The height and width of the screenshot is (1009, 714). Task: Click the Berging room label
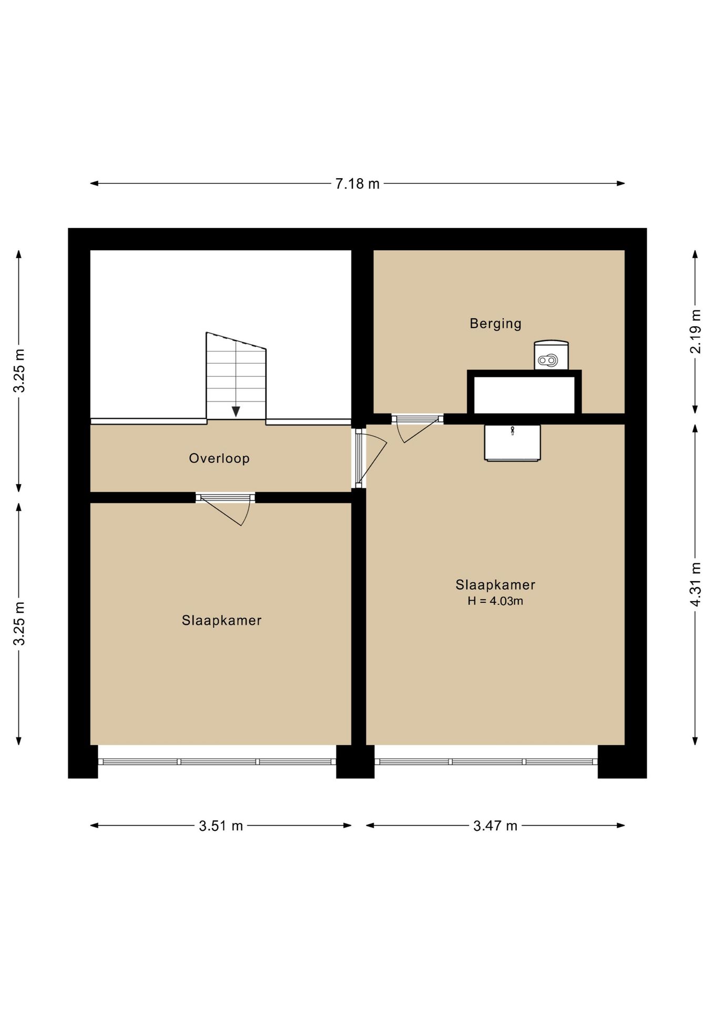[x=495, y=323]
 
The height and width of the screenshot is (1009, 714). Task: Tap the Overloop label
[x=219, y=458]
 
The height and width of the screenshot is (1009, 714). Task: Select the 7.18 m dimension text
[x=358, y=183]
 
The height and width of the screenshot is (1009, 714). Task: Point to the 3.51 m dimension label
[x=221, y=826]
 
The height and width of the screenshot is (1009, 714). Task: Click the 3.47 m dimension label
[x=495, y=826]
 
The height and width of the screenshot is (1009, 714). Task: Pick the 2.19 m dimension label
[x=696, y=332]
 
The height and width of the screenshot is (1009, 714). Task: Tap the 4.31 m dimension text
[x=696, y=584]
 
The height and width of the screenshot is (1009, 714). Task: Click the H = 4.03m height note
[x=495, y=601]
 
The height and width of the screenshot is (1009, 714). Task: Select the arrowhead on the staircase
[x=236, y=411]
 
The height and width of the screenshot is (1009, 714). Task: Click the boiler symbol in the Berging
[x=551, y=355]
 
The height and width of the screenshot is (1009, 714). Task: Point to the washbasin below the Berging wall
[x=512, y=442]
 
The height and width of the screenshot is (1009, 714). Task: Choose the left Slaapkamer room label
[x=222, y=620]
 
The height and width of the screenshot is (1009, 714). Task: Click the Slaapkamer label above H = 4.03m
[x=495, y=584]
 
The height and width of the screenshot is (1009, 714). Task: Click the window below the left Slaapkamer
[x=217, y=761]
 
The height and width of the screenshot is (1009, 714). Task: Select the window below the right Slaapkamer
[x=486, y=761]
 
